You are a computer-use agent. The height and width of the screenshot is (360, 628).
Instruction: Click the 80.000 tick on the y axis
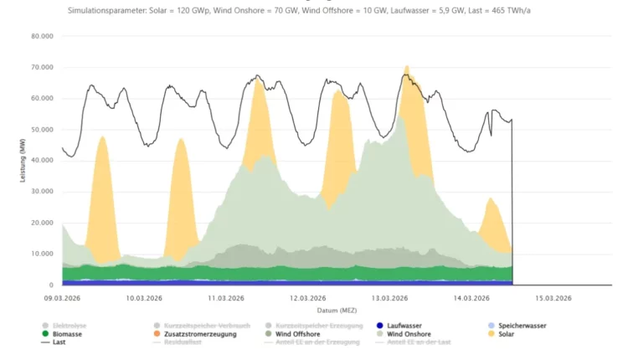tap(40, 37)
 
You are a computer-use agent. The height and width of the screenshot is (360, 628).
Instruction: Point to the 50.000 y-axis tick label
tap(40, 130)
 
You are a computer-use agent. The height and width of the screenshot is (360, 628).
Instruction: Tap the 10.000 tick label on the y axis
tap(40, 254)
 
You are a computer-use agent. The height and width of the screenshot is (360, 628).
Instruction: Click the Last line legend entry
tap(59, 342)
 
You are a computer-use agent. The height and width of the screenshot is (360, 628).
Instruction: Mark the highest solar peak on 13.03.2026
tap(407, 66)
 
